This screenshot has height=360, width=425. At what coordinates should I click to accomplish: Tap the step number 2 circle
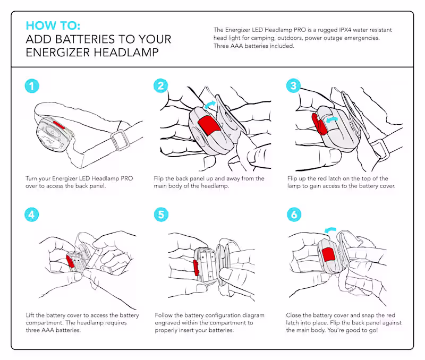161,87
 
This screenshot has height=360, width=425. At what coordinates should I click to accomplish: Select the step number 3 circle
293,87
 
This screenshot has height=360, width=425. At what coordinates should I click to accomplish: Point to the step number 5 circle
161,215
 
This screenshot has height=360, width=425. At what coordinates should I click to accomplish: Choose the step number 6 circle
293,215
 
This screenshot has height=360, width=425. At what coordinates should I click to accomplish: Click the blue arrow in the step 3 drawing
333,121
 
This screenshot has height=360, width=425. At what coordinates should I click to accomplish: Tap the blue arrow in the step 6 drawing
331,230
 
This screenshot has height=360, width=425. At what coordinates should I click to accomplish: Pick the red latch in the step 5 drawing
197,267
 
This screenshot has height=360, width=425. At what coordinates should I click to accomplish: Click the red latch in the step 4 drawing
70,261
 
